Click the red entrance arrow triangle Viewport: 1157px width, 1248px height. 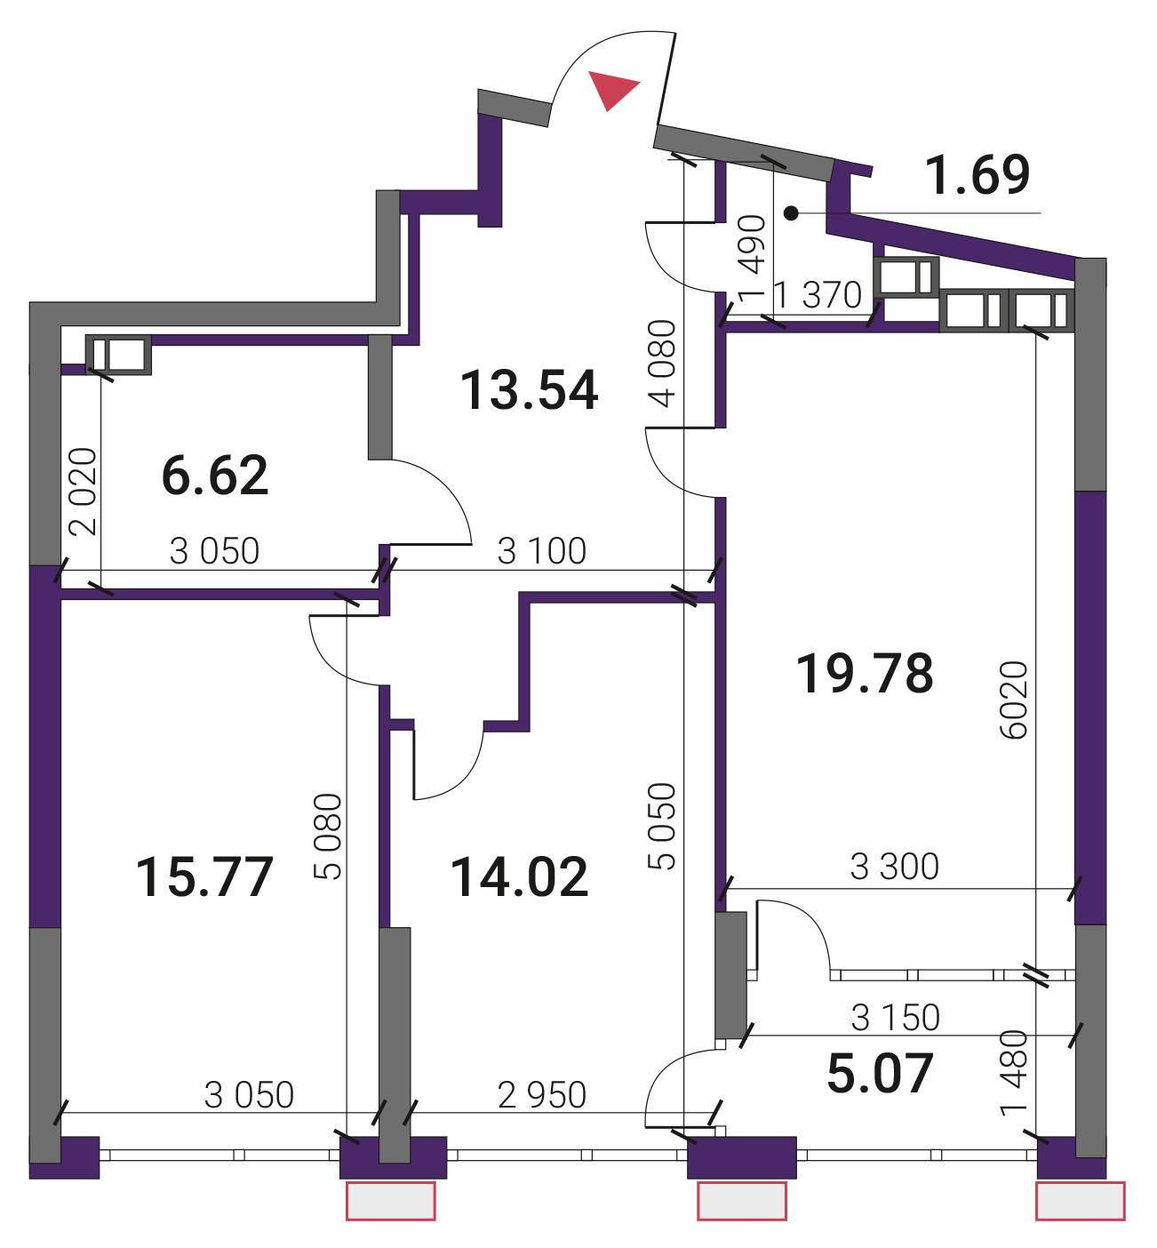click(610, 89)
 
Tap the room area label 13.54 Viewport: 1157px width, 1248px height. click(529, 391)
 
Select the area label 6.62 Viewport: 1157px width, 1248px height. click(215, 476)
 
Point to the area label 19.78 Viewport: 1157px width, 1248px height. click(864, 675)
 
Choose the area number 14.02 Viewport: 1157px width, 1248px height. click(519, 878)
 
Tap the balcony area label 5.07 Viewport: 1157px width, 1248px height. click(880, 1075)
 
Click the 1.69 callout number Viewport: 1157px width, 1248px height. click(977, 175)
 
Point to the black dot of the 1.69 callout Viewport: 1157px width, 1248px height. click(791, 213)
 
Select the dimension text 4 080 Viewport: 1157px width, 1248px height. click(663, 364)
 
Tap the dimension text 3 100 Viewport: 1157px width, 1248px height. click(542, 551)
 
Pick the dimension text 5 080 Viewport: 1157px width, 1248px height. click(329, 836)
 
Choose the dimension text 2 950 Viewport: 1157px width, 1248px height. click(542, 1095)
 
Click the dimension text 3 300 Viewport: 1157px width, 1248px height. click(895, 868)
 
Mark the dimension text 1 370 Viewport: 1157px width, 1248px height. click(818, 295)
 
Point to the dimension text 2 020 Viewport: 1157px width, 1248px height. click(84, 492)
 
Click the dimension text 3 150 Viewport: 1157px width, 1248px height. click(896, 1018)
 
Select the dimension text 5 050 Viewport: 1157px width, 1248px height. click(663, 827)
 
